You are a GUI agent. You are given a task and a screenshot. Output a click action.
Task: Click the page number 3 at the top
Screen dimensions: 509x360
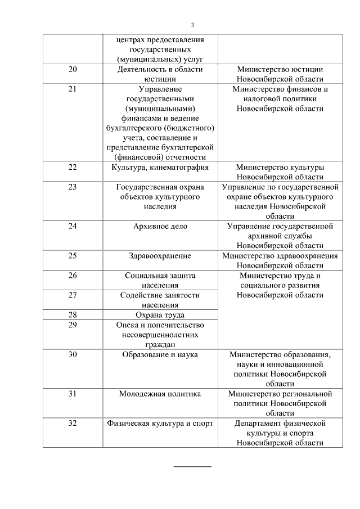(192, 25)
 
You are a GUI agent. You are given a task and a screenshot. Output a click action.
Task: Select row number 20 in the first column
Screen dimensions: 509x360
(72, 69)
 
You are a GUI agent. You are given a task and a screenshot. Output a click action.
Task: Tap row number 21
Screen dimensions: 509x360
(72, 89)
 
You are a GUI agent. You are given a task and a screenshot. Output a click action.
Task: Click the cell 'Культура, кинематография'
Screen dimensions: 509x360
(160, 167)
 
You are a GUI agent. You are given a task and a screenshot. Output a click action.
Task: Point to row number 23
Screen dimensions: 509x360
(72, 187)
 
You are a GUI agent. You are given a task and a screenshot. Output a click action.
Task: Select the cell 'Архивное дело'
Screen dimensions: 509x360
(160, 226)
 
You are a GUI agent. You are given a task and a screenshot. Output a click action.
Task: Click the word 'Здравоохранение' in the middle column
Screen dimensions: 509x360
(160, 256)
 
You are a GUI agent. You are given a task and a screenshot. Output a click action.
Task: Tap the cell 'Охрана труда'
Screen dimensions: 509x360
(160, 315)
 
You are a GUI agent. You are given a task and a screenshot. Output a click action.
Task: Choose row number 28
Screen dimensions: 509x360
(72, 315)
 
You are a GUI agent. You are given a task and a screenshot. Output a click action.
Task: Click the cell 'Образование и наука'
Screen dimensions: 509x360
(160, 354)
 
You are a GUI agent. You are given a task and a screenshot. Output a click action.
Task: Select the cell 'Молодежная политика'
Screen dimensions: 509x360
(160, 394)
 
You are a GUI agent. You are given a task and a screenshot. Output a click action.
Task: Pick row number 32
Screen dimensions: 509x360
(72, 424)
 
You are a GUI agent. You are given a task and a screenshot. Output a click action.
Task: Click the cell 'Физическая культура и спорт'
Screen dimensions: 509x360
(160, 424)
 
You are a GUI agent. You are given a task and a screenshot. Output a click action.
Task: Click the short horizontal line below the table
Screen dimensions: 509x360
(192, 466)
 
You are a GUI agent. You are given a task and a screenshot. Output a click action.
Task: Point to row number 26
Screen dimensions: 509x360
(72, 276)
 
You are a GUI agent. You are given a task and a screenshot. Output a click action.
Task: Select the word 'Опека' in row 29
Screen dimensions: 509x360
(128, 325)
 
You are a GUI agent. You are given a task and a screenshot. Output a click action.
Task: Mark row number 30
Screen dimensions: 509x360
(72, 354)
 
